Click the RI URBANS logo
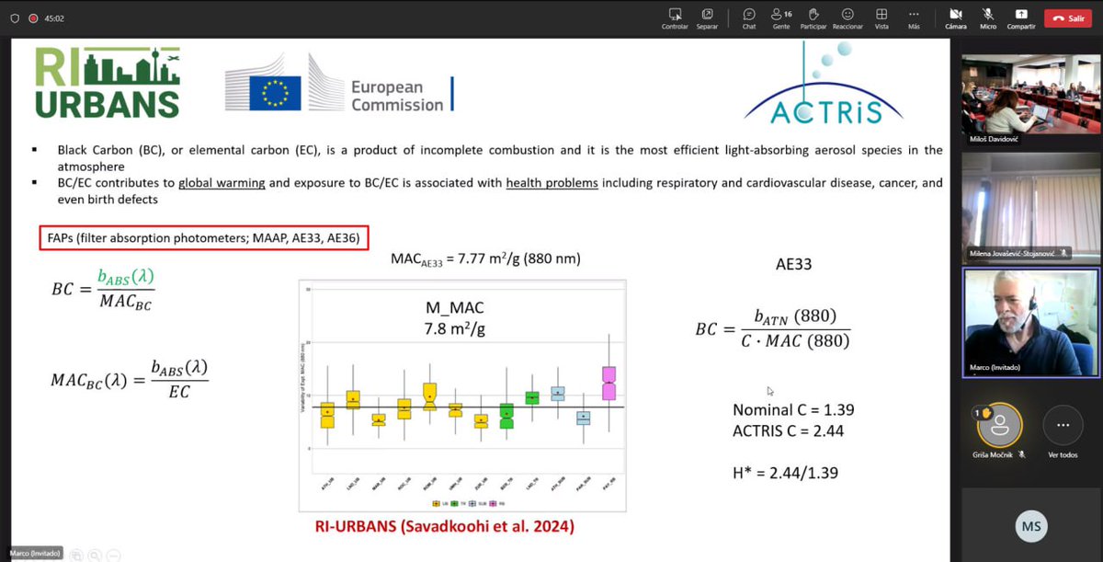(108, 83)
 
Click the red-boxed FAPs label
(205, 239)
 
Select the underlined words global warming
(222, 183)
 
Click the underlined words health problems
(551, 183)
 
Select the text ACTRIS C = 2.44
(788, 430)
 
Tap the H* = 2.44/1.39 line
(786, 473)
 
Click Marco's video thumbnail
(1029, 322)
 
